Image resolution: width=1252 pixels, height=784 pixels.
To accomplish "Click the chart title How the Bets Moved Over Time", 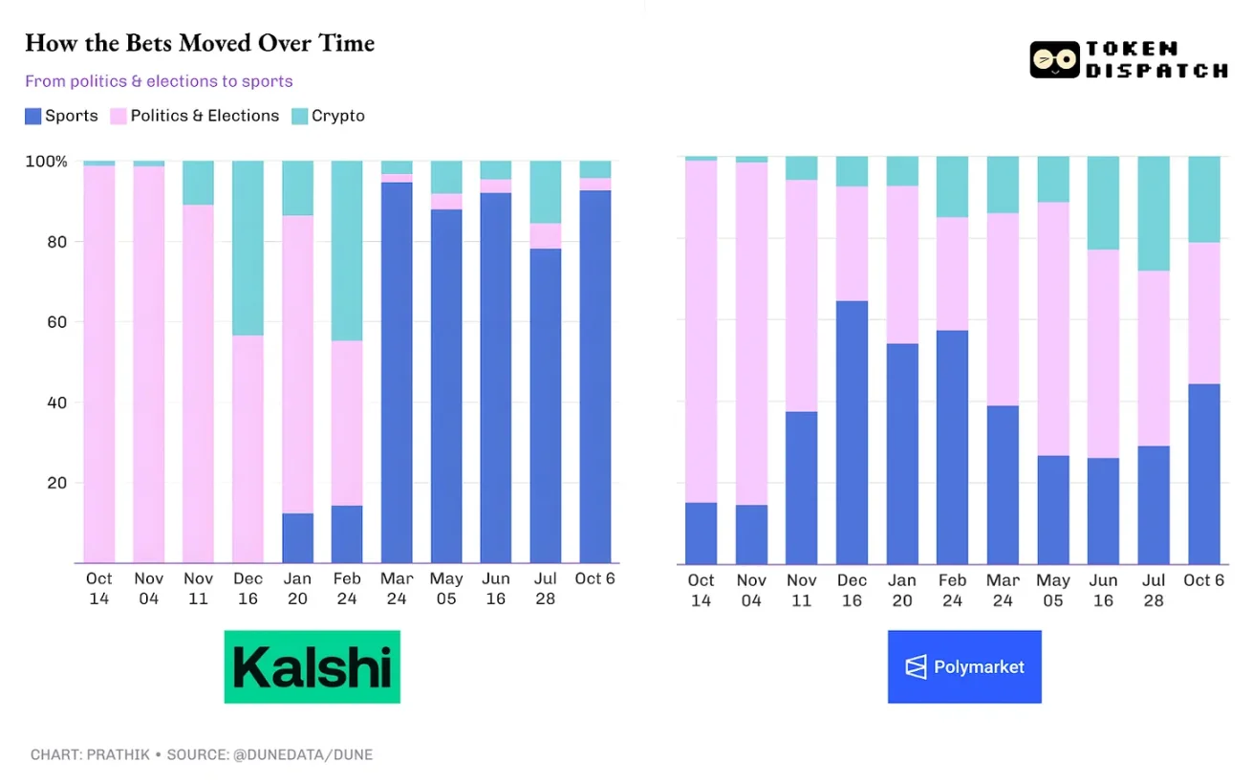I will [x=199, y=43].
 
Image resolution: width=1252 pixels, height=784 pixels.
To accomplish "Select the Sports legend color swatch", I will [x=33, y=117].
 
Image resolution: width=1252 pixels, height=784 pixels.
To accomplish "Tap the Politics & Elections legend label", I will [x=205, y=116].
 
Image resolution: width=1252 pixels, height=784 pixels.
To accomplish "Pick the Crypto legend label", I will [x=337, y=116].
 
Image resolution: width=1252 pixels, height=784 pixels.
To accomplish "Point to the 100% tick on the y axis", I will [x=45, y=162].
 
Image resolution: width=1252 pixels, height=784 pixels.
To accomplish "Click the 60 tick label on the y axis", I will [x=58, y=322].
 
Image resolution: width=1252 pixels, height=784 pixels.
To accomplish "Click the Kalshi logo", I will [x=312, y=666].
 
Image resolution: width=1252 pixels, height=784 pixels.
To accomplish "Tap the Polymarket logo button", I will [x=963, y=666].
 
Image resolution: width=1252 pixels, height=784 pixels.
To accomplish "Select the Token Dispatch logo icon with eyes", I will [x=1054, y=60].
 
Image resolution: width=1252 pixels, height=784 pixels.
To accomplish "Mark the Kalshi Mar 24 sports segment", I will [x=397, y=373].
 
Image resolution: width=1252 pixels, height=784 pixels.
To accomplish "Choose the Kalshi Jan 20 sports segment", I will [x=298, y=538].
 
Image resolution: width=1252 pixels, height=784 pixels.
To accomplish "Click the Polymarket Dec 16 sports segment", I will [x=852, y=432].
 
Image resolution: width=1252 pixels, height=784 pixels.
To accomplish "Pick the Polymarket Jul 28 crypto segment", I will [x=1154, y=213].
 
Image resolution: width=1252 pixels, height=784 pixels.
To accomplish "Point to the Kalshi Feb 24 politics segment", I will [x=347, y=423].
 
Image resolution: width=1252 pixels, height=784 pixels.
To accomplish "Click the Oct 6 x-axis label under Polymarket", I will [x=1203, y=580].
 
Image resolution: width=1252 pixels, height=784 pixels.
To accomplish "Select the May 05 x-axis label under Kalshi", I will [x=446, y=588].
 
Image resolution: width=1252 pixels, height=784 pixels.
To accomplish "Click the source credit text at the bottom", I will [x=202, y=754].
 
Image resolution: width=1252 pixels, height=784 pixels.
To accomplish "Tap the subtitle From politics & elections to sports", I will [x=159, y=81].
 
